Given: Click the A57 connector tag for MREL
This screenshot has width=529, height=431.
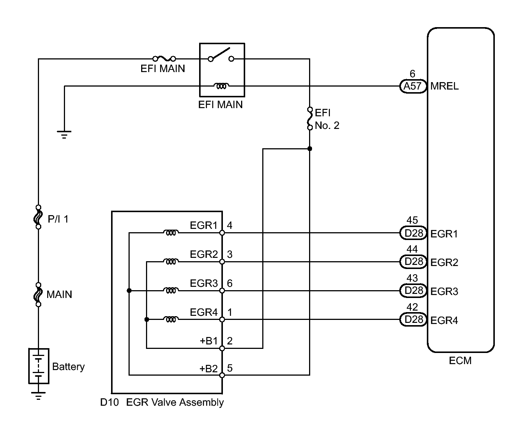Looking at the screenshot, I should click(412, 86).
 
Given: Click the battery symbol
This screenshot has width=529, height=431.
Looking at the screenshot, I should click(39, 366).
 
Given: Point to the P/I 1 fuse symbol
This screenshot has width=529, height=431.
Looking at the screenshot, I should click(38, 217).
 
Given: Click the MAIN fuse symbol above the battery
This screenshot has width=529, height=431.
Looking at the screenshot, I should click(38, 295).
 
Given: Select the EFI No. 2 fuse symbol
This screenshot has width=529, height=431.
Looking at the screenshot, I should click(310, 119).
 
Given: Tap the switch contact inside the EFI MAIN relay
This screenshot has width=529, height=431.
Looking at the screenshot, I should click(221, 55).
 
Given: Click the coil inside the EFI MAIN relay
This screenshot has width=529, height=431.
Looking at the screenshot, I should click(221, 86).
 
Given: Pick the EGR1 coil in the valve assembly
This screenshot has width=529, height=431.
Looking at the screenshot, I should click(171, 233).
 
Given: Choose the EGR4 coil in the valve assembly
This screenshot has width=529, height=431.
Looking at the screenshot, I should click(171, 319).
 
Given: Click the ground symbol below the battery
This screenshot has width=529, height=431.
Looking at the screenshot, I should click(38, 395).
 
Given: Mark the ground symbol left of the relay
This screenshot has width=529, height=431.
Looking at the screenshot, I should click(64, 134).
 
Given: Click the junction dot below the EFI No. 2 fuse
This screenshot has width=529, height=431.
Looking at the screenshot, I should click(310, 149).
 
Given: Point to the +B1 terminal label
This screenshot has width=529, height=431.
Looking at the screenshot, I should click(208, 341).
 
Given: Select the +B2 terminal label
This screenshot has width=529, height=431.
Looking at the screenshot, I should click(208, 369).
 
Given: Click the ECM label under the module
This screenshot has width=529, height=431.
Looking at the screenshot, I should click(460, 361).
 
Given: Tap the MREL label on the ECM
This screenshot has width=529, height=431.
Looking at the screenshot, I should click(444, 87).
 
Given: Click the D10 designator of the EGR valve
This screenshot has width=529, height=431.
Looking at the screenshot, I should click(109, 402).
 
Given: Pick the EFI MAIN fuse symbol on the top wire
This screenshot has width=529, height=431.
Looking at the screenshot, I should click(164, 58).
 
